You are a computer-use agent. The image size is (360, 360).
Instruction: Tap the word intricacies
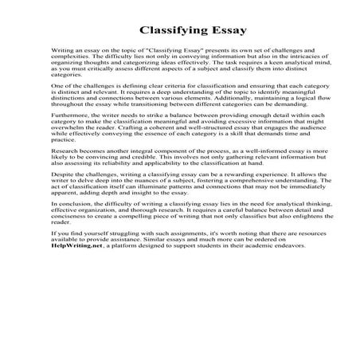click(x=285, y=57)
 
